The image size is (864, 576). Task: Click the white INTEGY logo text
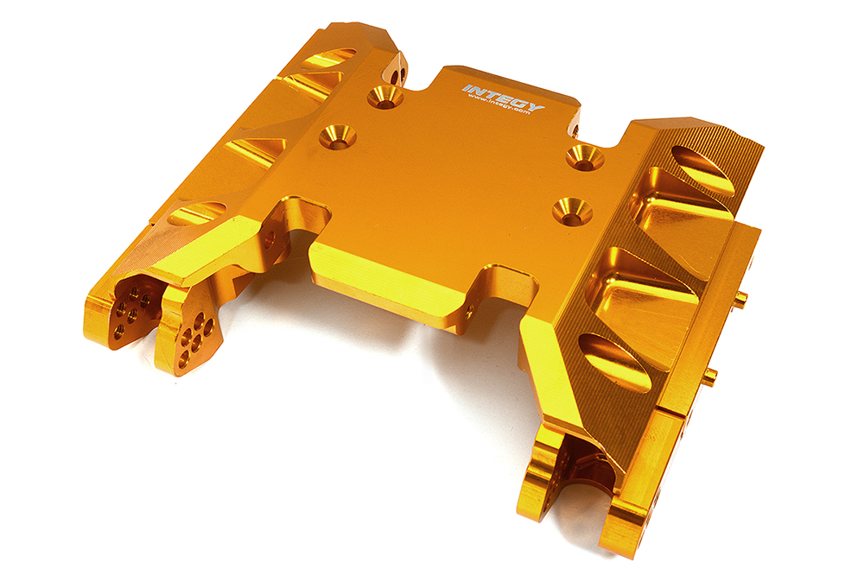tap(503, 97)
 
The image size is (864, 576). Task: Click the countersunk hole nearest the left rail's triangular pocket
tap(337, 136)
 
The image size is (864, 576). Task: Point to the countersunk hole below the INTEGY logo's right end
tap(585, 156)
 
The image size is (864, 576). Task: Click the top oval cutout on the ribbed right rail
tap(703, 169)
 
